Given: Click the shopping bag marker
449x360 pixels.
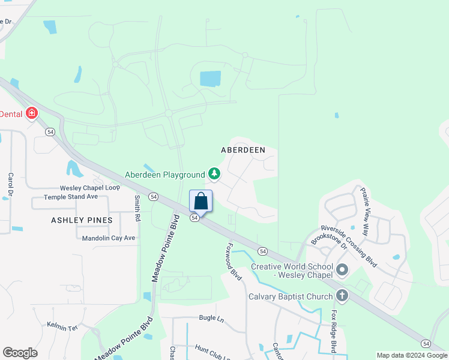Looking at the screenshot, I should click(x=201, y=201).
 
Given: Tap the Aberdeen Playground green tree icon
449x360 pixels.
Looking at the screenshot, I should click(x=214, y=175).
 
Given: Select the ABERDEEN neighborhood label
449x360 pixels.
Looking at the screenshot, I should click(x=243, y=149).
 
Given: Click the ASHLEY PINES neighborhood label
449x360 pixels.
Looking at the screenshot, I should click(x=82, y=220).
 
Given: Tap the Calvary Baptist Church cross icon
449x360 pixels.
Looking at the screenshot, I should click(x=342, y=296).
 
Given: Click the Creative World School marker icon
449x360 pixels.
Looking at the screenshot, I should click(x=342, y=270).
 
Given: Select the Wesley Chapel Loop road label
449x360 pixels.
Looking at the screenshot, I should click(x=89, y=188).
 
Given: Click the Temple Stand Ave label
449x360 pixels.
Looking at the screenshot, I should click(x=71, y=197).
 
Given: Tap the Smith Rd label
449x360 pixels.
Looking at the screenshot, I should click(x=137, y=206).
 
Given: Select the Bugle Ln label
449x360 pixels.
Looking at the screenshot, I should click(x=211, y=319).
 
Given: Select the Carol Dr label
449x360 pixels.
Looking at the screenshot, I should click(x=10, y=185).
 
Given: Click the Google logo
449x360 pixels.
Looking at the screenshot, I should click(x=20, y=353).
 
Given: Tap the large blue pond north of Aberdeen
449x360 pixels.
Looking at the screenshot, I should click(x=209, y=79).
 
